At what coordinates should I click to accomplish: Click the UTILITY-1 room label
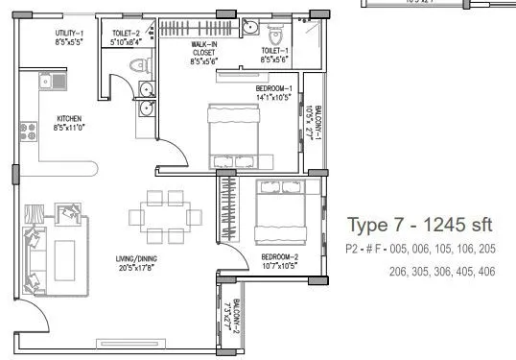[x=68, y=34]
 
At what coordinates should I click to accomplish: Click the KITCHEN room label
[x=68, y=119]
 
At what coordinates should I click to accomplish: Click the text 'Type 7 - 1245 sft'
[x=419, y=226]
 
